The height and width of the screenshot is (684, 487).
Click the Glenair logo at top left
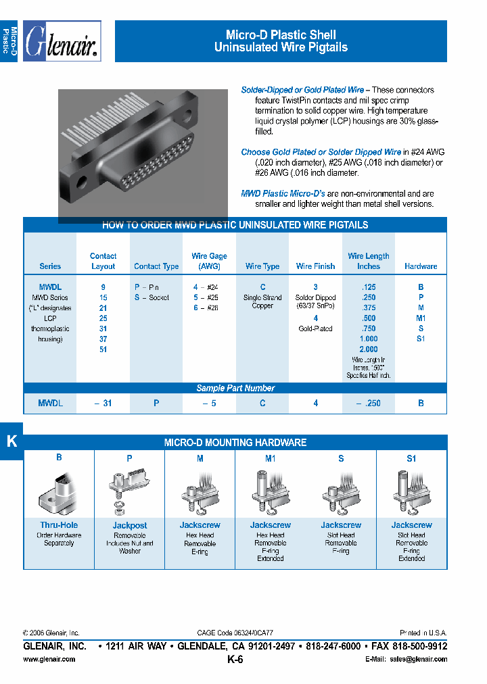[x=62, y=42]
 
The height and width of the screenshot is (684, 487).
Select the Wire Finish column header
[x=315, y=266]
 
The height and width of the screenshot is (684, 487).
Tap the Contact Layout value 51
[x=103, y=349]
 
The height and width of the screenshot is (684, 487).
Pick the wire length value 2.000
[x=369, y=349]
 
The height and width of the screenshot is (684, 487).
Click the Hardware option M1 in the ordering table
[x=421, y=318]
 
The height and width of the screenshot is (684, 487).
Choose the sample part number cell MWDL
[x=50, y=403]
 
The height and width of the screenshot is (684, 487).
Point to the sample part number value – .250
[x=369, y=403]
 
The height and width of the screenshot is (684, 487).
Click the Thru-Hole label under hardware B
[x=59, y=525]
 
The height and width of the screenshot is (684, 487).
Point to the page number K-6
[x=235, y=660]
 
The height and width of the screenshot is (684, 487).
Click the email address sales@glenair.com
[x=413, y=658]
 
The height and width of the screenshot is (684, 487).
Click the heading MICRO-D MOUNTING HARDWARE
[x=235, y=443]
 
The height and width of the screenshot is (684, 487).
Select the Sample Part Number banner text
[x=235, y=388]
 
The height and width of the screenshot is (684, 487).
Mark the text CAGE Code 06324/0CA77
[x=235, y=633]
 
